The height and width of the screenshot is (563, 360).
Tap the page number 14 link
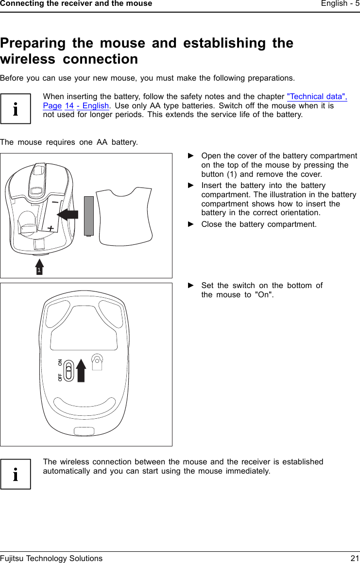[x=69, y=106]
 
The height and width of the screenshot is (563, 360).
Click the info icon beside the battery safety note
[x=16, y=109]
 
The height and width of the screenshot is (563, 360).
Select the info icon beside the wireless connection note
[x=16, y=474]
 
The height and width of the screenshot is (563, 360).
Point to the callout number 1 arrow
[x=40, y=267]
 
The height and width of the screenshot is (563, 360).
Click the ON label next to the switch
[x=60, y=362]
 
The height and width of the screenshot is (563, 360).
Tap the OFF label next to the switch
[x=60, y=377]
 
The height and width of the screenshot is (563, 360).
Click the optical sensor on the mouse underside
[x=98, y=360]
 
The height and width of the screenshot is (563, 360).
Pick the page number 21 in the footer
[x=355, y=558]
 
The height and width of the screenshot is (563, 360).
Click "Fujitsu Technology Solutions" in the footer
[x=51, y=558]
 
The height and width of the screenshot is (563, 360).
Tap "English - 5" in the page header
[x=334, y=3]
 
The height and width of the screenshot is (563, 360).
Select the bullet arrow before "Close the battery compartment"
[x=191, y=224]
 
